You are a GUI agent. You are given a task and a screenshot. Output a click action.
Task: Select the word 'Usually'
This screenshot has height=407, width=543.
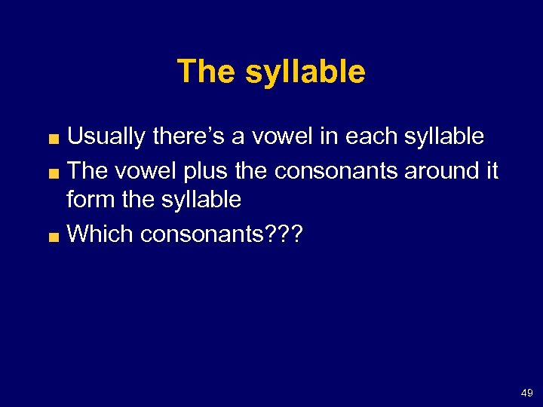click(106, 136)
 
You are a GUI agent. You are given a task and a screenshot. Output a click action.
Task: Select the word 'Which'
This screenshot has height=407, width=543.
click(100, 234)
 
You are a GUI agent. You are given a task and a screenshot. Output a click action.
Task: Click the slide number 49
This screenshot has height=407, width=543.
click(526, 393)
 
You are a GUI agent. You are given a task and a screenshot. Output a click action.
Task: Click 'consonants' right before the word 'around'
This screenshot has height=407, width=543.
click(336, 171)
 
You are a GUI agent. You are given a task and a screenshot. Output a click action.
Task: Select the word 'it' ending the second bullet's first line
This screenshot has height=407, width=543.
click(492, 171)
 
